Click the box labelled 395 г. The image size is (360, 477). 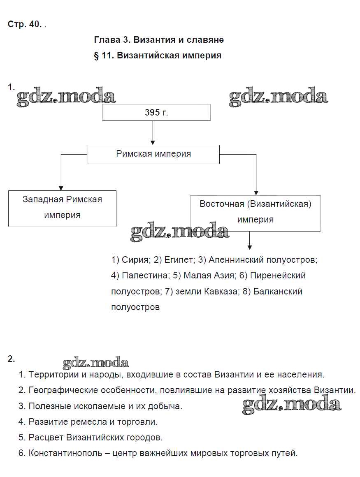coord(156,112)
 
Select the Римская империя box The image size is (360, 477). coord(153,154)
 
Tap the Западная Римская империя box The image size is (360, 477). coord(62,207)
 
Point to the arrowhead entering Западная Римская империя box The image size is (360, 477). coord(61,187)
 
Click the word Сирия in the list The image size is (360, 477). coord(135,260)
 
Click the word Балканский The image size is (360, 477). coord(278,291)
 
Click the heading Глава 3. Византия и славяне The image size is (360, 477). coord(159,40)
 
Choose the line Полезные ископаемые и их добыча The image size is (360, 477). coord(105,406)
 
